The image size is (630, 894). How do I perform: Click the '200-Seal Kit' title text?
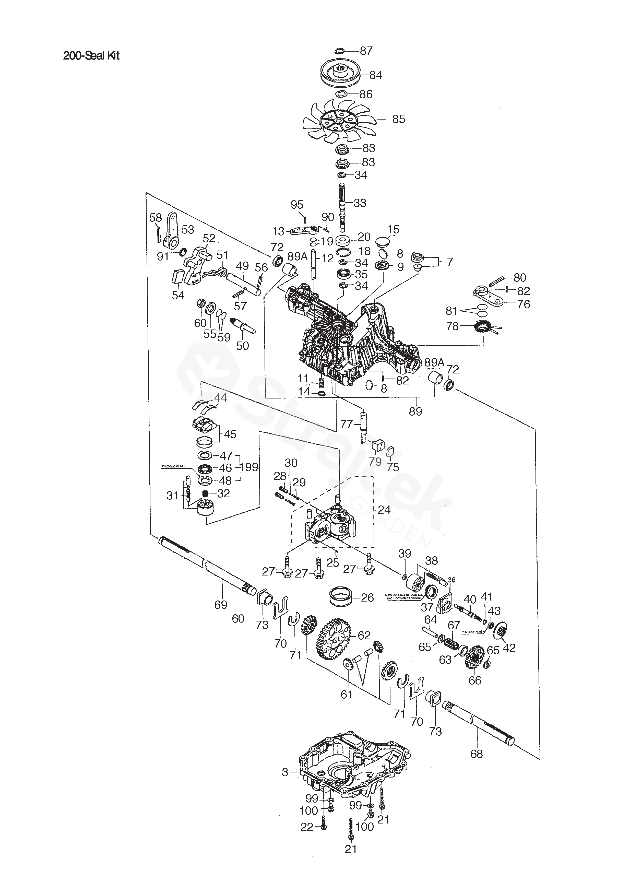click(91, 56)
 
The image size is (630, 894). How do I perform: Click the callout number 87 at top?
click(366, 51)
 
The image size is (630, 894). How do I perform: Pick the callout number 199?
click(248, 467)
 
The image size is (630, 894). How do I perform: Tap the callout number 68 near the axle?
click(477, 754)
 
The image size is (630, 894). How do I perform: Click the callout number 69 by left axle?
click(221, 605)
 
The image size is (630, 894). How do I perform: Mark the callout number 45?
click(230, 434)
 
